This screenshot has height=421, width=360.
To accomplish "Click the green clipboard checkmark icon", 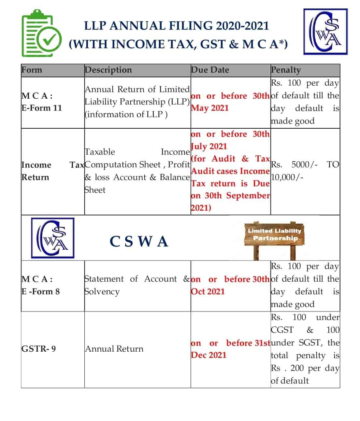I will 41,34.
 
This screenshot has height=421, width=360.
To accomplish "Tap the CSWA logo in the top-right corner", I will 325,32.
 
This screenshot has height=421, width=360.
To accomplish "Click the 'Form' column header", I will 32,70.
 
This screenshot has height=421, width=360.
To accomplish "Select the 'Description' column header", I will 108,70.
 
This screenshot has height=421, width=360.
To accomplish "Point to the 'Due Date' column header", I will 210,70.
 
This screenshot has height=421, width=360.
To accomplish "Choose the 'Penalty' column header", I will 286,70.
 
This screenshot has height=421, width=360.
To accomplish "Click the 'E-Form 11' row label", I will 42,108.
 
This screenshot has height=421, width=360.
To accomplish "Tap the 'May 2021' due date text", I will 210,108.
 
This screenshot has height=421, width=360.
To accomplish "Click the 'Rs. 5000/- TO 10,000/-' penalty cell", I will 305,171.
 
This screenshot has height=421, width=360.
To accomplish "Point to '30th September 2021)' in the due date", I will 230,202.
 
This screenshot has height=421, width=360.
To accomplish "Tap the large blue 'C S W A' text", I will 139,242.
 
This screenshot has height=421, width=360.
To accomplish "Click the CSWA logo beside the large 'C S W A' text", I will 52,238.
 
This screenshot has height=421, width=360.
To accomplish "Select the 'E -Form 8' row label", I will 41,291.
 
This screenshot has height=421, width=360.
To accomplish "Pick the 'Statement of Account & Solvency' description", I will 137,285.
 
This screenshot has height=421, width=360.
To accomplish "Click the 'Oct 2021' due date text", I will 208,291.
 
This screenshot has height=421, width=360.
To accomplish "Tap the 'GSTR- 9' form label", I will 38,349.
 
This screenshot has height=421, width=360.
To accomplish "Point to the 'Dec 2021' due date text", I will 209,355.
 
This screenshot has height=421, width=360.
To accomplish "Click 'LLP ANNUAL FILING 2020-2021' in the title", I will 177,26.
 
